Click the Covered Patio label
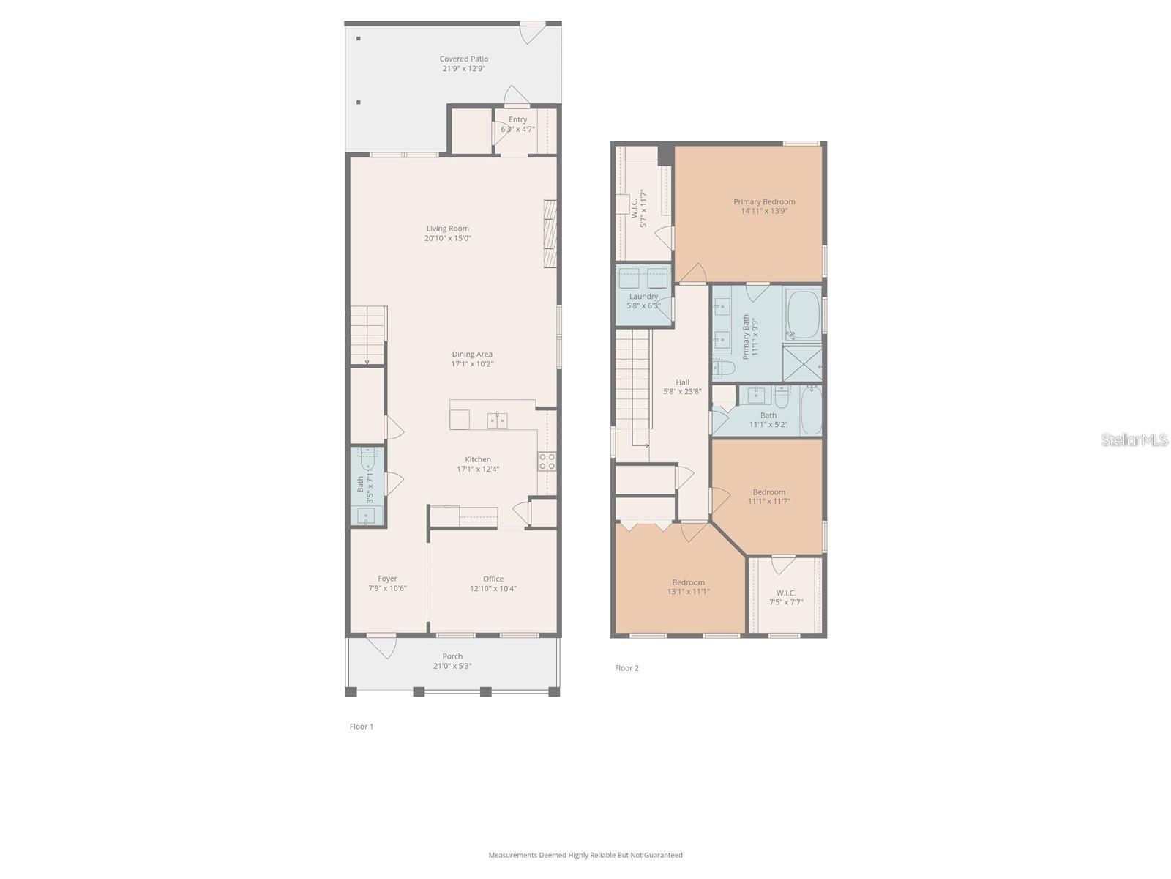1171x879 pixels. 463,59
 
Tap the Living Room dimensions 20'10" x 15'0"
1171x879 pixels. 447,238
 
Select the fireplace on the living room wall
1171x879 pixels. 550,234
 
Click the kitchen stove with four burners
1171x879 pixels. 547,461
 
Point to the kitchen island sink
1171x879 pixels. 498,420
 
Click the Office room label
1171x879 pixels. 493,579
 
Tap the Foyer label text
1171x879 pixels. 387,579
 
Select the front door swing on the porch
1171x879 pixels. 382,647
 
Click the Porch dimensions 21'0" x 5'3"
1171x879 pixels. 452,666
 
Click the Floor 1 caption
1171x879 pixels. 362,727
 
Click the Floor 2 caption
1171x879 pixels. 626,668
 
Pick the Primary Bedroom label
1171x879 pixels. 764,201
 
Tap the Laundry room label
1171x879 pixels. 643,297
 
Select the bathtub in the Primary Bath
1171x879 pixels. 803,315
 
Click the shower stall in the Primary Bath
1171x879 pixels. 802,363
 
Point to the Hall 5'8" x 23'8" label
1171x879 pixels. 682,387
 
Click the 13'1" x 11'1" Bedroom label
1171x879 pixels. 688,587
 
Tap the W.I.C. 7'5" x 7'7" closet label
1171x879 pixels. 786,597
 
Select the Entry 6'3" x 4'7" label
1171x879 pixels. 517,124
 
